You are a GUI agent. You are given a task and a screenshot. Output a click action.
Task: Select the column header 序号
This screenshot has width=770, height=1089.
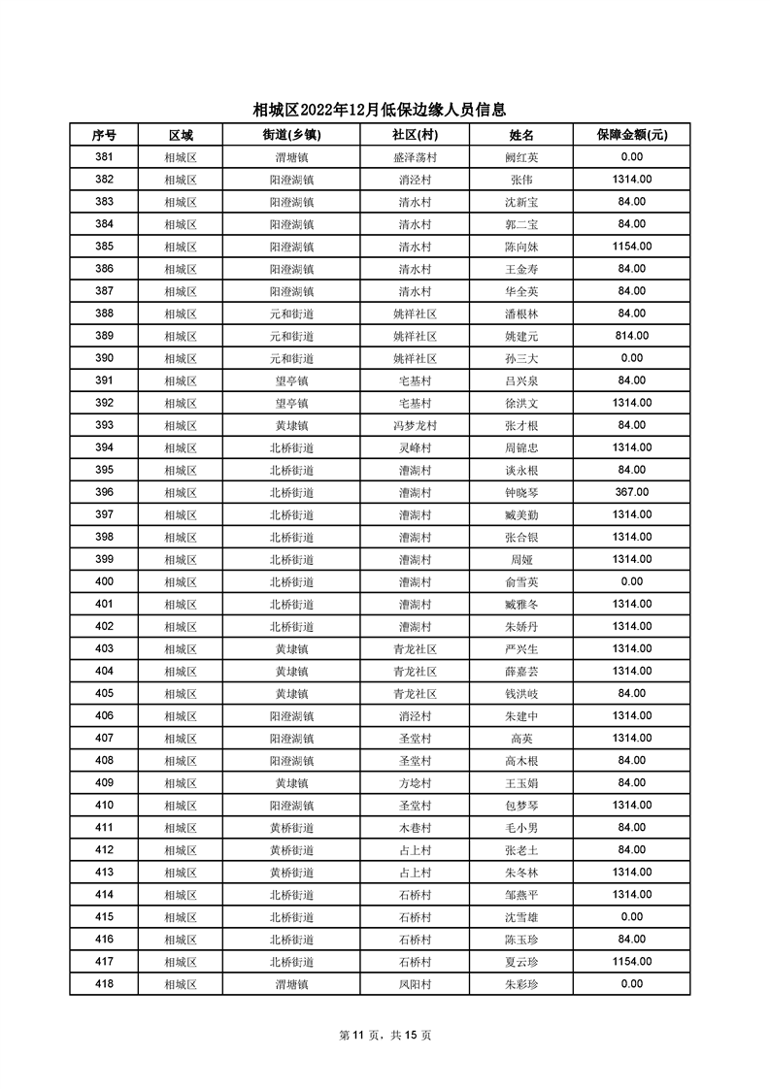(x=104, y=135)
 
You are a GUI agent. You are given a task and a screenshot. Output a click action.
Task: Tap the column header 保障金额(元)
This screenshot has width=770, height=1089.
(x=631, y=135)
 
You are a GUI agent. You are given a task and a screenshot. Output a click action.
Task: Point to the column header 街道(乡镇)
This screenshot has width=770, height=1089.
(x=291, y=135)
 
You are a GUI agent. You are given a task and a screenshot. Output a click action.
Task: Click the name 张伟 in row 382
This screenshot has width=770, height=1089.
(x=521, y=180)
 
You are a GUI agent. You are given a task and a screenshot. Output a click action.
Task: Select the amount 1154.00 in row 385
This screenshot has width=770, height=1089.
(x=631, y=247)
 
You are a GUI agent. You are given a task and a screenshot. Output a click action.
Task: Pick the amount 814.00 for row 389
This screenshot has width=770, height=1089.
(x=631, y=336)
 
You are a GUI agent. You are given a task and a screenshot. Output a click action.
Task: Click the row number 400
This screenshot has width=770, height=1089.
(x=104, y=582)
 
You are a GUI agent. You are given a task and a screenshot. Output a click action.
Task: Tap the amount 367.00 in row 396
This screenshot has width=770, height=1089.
(x=631, y=492)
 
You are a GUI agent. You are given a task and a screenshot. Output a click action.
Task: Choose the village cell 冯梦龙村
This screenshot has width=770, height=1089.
(x=415, y=425)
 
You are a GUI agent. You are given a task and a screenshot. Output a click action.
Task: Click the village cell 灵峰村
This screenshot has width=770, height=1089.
(x=415, y=447)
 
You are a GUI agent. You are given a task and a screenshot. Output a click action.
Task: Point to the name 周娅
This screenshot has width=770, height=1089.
(x=521, y=560)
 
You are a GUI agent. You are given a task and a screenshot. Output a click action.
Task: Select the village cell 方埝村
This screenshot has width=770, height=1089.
(x=415, y=783)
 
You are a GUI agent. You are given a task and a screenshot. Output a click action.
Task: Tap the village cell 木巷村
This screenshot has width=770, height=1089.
(x=415, y=828)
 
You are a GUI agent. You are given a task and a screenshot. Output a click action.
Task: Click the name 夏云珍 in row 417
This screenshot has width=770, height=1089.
(x=521, y=962)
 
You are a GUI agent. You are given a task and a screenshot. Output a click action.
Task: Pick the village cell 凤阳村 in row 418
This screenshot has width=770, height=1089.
(x=415, y=984)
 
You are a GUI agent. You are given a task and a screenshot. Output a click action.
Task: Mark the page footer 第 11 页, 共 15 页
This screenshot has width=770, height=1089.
(x=385, y=1035)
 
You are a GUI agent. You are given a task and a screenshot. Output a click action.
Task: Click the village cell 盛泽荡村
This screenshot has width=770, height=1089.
(x=415, y=157)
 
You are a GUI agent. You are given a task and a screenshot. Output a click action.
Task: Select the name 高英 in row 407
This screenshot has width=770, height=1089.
(x=521, y=739)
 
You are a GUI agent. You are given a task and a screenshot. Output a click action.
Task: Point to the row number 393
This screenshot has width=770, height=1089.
(x=104, y=425)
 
